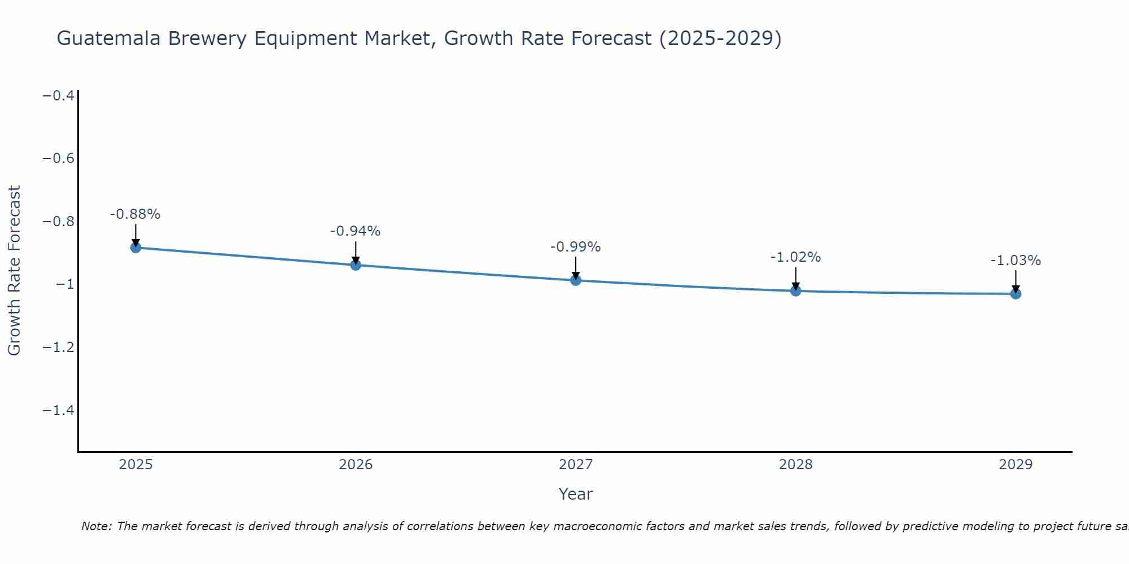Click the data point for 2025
135,247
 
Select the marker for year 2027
576,280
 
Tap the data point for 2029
1016,294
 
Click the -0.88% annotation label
135,214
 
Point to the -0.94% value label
356,231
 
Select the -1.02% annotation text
795,257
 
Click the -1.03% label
1016,261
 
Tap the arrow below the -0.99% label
576,267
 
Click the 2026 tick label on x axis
356,465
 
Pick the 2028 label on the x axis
795,465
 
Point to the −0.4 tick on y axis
59,95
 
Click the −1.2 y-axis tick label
59,347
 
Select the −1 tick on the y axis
65,284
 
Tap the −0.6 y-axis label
59,158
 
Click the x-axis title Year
575,495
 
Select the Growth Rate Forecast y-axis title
15,271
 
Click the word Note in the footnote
97,526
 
